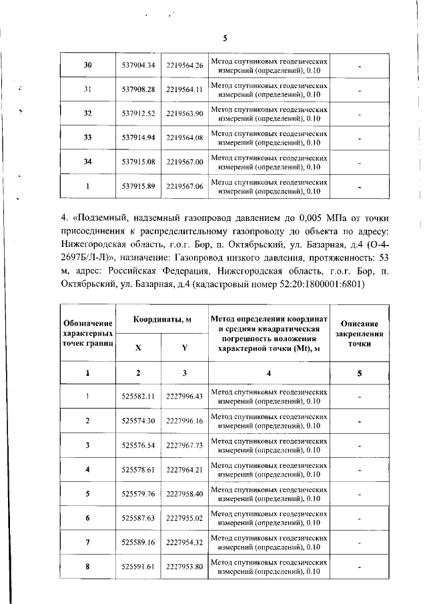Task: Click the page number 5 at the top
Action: click(225, 38)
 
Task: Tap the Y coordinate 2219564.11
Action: click(184, 89)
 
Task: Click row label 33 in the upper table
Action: click(87, 137)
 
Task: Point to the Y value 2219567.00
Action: click(184, 162)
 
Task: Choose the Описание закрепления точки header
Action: click(360, 331)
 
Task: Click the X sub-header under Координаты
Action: click(138, 348)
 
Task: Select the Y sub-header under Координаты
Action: click(184, 348)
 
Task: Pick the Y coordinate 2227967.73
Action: click(184, 445)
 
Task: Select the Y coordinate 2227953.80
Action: click(184, 567)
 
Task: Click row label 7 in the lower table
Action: click(87, 542)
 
